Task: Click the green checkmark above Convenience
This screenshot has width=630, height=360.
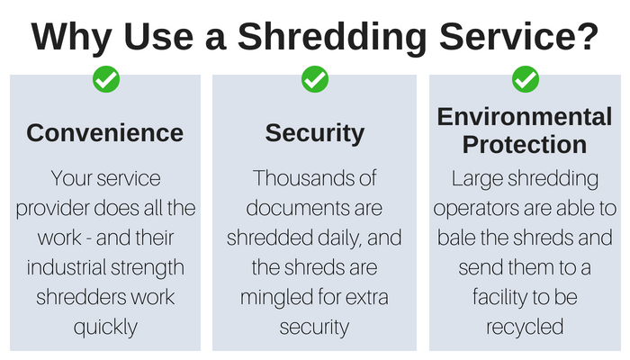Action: (106, 79)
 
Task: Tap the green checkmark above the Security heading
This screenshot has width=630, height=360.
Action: (315, 79)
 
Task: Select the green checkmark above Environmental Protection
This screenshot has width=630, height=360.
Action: (526, 79)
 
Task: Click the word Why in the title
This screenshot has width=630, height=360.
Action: (71, 37)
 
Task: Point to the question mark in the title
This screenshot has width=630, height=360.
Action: (589, 36)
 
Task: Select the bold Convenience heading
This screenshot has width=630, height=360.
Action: (105, 133)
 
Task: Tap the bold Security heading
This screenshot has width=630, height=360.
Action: (315, 134)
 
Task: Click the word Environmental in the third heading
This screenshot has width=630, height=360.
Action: (525, 116)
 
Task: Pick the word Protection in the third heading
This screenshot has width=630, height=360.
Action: (525, 145)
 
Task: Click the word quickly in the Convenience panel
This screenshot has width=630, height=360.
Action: (105, 328)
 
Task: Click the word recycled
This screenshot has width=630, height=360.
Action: (525, 327)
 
